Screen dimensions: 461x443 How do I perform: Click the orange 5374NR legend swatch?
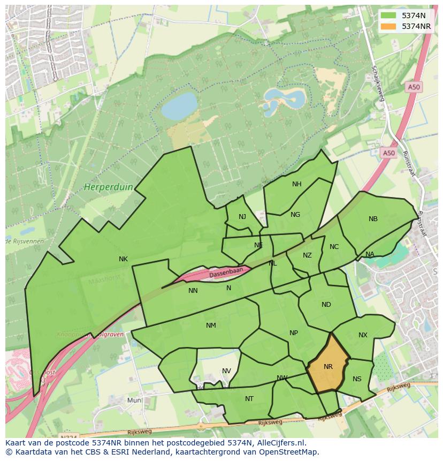389,26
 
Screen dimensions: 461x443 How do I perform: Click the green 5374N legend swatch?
389,16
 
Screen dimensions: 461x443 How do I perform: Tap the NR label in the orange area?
328,367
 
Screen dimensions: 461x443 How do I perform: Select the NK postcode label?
123,259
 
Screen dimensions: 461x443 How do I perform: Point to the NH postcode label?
296,184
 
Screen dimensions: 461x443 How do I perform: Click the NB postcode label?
373,219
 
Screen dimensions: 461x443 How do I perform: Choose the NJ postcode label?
242,217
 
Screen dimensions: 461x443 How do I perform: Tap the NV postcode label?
226,371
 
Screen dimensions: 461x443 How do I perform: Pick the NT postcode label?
249,399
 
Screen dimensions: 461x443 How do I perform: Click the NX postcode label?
363,335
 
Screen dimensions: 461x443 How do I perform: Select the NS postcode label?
357,379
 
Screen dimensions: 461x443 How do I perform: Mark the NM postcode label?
211,326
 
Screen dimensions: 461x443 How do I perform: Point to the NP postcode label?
293,333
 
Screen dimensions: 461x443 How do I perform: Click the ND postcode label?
326,305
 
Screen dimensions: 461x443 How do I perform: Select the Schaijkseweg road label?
378,83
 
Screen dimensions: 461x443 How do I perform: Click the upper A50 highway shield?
414,87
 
